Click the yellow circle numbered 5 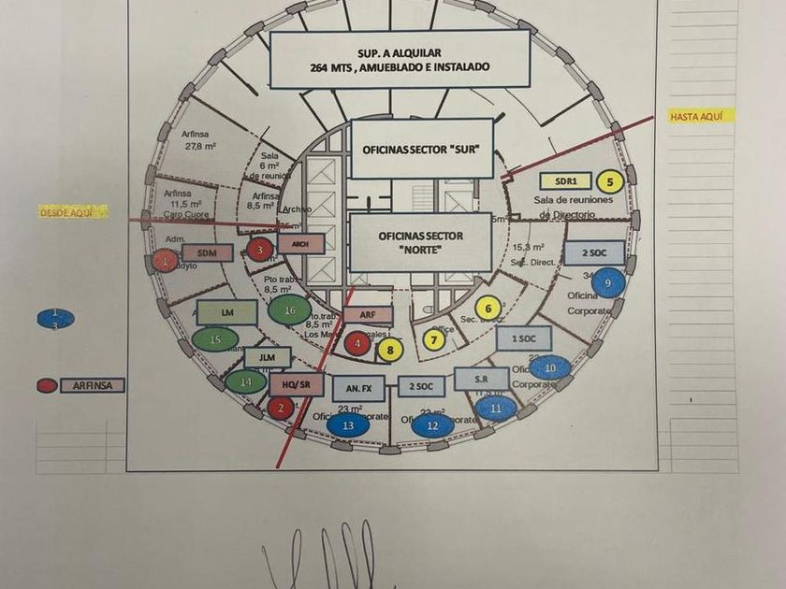click(610, 182)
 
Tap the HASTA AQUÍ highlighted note click(702, 117)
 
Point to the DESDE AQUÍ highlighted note click(72, 212)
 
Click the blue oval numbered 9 click(608, 282)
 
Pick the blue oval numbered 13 click(347, 424)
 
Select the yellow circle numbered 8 click(390, 350)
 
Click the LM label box click(227, 312)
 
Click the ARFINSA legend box click(93, 385)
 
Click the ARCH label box click(300, 244)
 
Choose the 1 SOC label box click(517, 338)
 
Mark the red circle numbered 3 click(261, 249)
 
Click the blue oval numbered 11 click(497, 407)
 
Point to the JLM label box click(268, 357)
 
